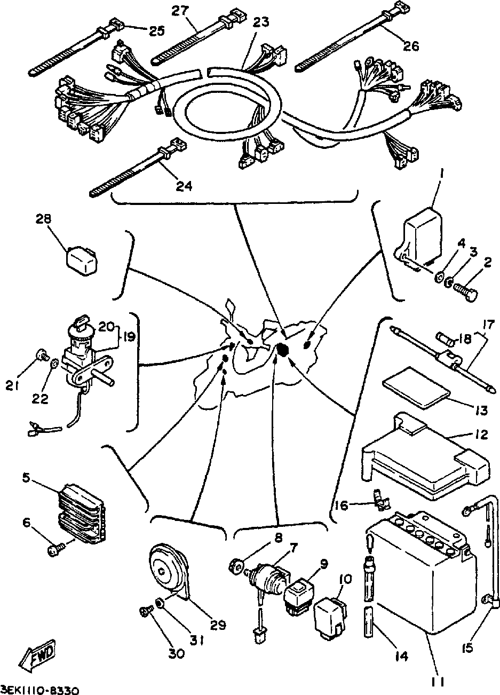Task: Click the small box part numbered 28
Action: click(83, 259)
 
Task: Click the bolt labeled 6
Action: click(55, 548)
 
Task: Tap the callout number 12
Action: click(481, 436)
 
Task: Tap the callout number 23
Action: click(261, 22)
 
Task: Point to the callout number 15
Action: click(468, 648)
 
